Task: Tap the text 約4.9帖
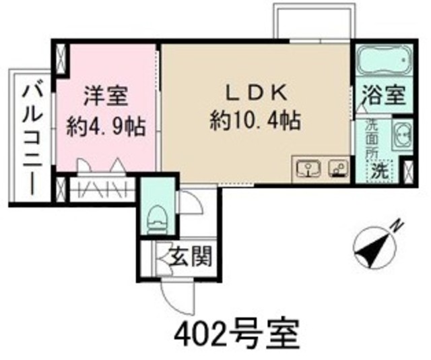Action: (x=106, y=127)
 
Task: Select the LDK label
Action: (x=256, y=91)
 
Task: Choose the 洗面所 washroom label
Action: (x=372, y=138)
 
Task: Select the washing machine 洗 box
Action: (x=381, y=170)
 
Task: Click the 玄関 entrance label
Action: (x=192, y=256)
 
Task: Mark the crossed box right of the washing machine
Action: (x=407, y=169)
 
